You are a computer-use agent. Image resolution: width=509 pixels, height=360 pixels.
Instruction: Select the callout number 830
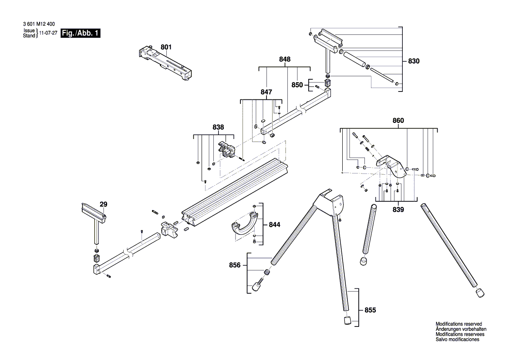(x=414, y=61)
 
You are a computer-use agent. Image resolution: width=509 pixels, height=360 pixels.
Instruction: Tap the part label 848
(x=285, y=59)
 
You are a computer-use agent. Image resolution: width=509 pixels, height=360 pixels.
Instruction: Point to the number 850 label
(x=297, y=85)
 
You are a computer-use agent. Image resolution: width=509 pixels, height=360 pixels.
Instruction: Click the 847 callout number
(x=266, y=92)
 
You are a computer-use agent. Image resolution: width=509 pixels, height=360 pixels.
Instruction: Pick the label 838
(x=218, y=127)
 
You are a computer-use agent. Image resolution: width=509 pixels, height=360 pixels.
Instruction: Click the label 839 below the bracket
(x=398, y=210)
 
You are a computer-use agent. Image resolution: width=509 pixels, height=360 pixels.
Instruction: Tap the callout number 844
(x=274, y=225)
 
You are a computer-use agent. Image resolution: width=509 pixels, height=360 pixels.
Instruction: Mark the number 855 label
(x=370, y=310)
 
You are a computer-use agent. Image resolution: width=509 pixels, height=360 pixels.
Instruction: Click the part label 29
(x=103, y=204)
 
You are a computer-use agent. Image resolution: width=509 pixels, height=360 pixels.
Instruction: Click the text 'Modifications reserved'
(x=458, y=324)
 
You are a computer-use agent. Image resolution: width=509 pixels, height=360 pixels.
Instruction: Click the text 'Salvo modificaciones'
(x=457, y=339)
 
